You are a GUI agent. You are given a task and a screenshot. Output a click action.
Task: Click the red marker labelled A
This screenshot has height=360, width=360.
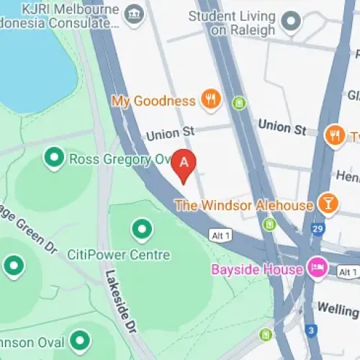pos(184,163)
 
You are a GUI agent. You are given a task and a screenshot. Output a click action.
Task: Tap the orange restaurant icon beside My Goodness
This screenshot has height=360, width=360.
pos(210,100)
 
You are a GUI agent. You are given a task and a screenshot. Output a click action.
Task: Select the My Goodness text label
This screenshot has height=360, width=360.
pos(153,101)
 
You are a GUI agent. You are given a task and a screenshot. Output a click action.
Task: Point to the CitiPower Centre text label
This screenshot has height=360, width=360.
pos(128,255)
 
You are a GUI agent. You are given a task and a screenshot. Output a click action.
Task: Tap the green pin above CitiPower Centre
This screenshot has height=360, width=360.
pos(142,230)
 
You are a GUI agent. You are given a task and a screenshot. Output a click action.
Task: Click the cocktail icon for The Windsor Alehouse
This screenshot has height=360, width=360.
pos(328,204)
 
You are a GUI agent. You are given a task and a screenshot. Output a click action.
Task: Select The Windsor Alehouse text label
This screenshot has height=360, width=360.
pos(244,205)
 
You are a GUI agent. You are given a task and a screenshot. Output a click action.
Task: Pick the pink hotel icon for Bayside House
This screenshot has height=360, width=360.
pos(316,269)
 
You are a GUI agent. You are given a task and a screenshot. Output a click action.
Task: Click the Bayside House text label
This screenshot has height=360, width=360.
pos(256,270)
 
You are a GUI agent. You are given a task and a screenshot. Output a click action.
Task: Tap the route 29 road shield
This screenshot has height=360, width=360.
pos(315,229)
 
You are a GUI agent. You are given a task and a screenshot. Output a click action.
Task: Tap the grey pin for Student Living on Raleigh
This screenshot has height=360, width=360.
pos(291,21)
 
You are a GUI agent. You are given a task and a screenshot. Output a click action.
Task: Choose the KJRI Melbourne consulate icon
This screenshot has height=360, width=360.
pos(133,14)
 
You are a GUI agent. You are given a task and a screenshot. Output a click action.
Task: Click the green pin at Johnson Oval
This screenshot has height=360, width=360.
pos(80,339)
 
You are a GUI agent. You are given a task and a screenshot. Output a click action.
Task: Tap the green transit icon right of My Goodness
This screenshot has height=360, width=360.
pos(240,103)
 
